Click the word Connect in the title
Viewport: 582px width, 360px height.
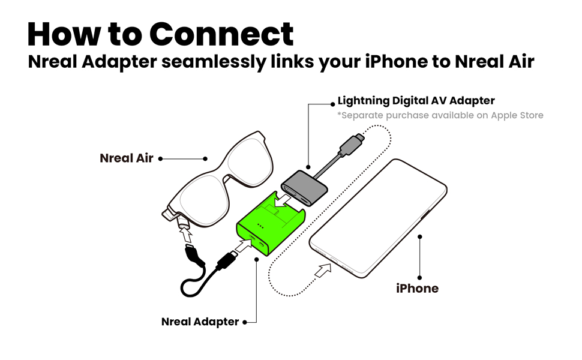pos(221,34)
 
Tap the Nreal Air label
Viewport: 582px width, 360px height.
pos(127,158)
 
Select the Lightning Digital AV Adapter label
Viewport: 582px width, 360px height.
pos(416,101)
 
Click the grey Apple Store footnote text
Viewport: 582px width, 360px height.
pos(440,115)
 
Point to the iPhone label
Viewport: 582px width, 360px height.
pos(417,288)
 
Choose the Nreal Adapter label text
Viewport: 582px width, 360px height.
pos(200,322)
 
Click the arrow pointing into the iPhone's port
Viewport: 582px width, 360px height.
pos(322,272)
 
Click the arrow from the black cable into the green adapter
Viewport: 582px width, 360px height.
pos(244,245)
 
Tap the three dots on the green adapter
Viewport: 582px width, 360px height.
pos(260,226)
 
